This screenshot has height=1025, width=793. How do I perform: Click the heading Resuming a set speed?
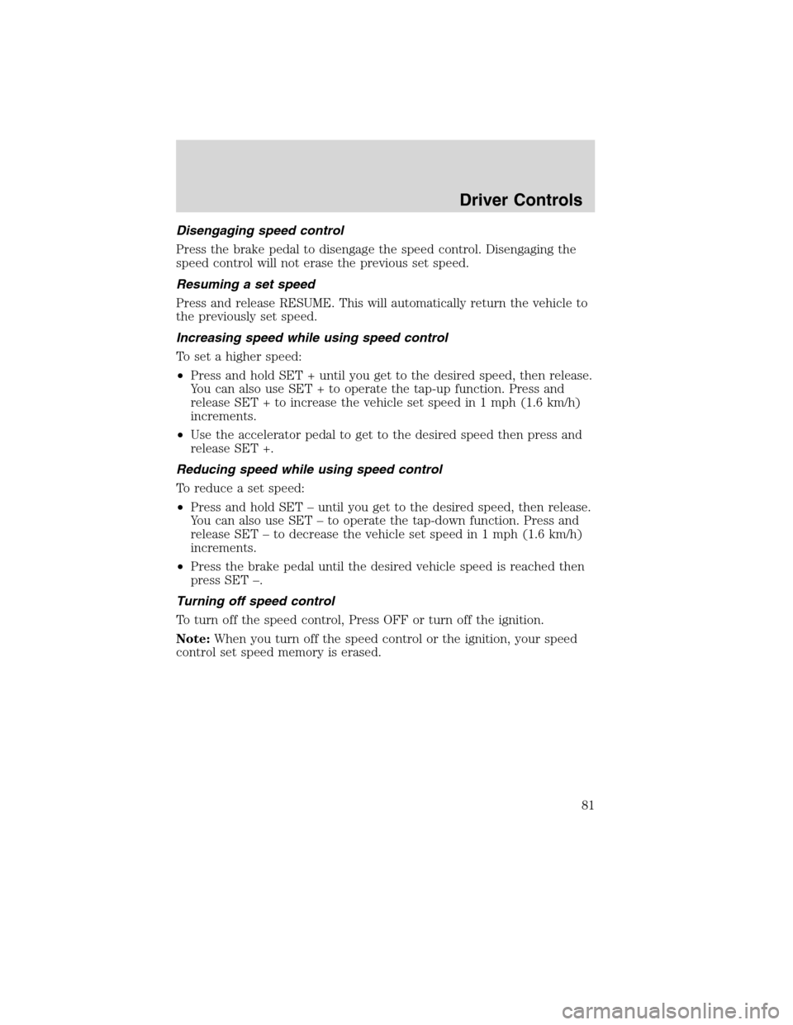(x=235, y=283)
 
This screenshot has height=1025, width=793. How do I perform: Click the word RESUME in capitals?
(x=318, y=303)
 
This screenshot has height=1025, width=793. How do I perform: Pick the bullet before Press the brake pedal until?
(x=181, y=565)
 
